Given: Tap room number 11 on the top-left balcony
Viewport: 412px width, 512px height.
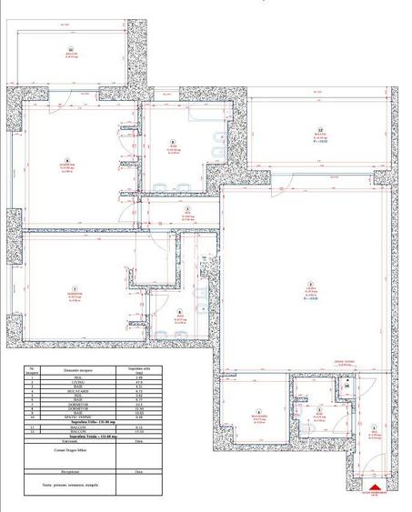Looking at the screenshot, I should coord(69,51).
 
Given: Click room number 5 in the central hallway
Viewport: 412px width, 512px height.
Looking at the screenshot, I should coord(187,210).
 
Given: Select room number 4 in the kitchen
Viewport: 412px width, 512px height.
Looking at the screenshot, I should coord(257,411).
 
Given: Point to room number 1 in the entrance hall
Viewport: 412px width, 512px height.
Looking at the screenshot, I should coord(374,428).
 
